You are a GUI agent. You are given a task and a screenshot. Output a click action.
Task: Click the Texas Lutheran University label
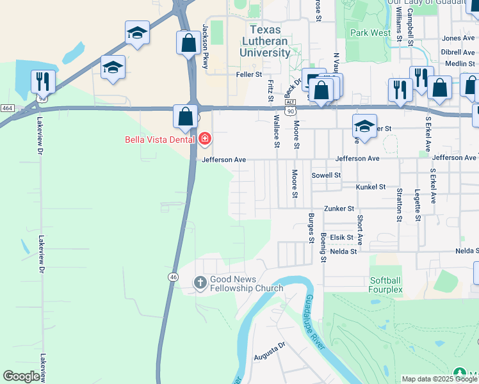(270, 41)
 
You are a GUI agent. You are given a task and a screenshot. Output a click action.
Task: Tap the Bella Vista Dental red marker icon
(205, 138)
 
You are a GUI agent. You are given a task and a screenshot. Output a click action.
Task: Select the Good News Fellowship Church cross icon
(200, 282)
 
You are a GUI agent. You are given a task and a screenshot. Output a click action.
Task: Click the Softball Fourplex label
(385, 285)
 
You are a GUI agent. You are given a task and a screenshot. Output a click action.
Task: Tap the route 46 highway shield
(174, 276)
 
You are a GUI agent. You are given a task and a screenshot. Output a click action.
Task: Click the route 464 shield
(8, 109)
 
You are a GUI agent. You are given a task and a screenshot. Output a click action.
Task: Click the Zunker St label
(339, 209)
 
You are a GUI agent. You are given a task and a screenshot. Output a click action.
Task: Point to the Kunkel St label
(371, 187)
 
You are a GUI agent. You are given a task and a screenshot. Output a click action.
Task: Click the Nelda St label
(345, 252)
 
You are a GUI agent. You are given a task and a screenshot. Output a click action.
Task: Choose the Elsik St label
(342, 237)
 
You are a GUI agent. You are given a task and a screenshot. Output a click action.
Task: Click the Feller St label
(250, 74)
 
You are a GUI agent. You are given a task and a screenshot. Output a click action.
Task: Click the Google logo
(21, 376)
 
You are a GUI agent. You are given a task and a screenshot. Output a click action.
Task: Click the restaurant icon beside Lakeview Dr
(43, 81)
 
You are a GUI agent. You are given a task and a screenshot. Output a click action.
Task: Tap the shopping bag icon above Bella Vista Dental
(185, 117)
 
